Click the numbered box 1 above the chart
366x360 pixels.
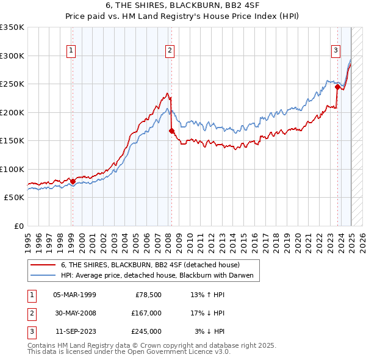72,51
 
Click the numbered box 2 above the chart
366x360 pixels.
169,51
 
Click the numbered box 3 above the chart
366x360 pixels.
335,51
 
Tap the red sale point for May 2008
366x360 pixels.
171,130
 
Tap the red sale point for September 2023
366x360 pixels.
337,87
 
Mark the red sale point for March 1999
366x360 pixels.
73,181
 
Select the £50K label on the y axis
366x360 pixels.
14,197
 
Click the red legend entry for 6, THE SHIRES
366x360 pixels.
150,265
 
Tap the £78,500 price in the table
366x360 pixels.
146,294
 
